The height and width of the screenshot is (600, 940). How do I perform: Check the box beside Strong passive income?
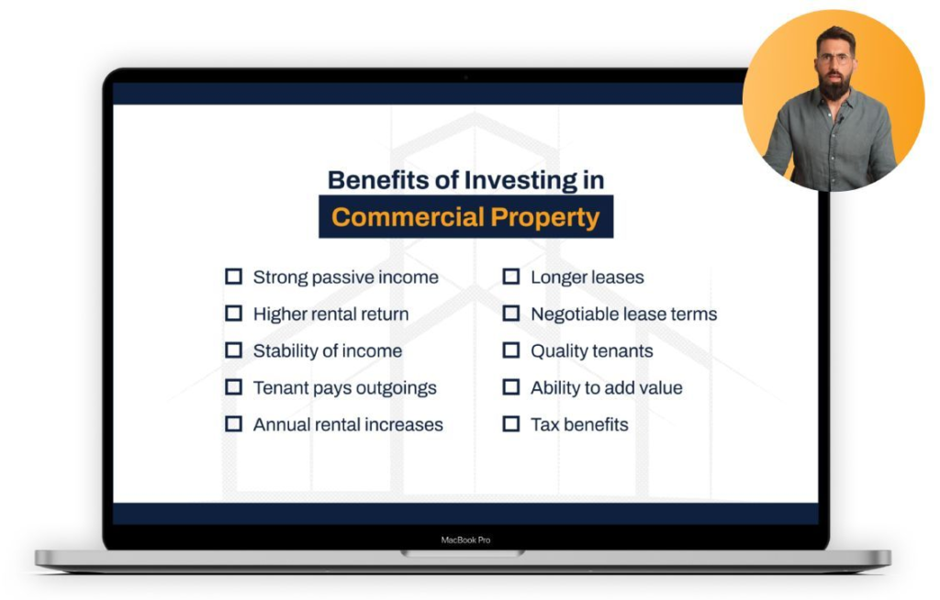233,276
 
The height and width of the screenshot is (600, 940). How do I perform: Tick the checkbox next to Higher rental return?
233,314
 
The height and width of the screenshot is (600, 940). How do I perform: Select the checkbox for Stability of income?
233,350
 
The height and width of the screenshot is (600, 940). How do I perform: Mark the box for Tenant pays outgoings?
233,387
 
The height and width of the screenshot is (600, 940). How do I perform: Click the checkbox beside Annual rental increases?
233,424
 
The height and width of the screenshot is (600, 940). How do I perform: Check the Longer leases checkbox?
510,276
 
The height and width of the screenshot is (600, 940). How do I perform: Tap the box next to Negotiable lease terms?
510,314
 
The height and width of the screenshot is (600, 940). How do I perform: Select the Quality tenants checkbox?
510,350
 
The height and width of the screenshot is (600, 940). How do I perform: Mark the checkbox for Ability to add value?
510,387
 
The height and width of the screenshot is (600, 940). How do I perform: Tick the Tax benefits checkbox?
510,424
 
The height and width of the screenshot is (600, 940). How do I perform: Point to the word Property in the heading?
545,218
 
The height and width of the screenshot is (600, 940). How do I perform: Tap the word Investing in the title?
520,181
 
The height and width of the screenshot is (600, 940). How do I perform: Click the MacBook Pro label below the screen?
465,540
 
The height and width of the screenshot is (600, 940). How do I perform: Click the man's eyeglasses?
834,59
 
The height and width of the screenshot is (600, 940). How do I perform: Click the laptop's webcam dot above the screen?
465,77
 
